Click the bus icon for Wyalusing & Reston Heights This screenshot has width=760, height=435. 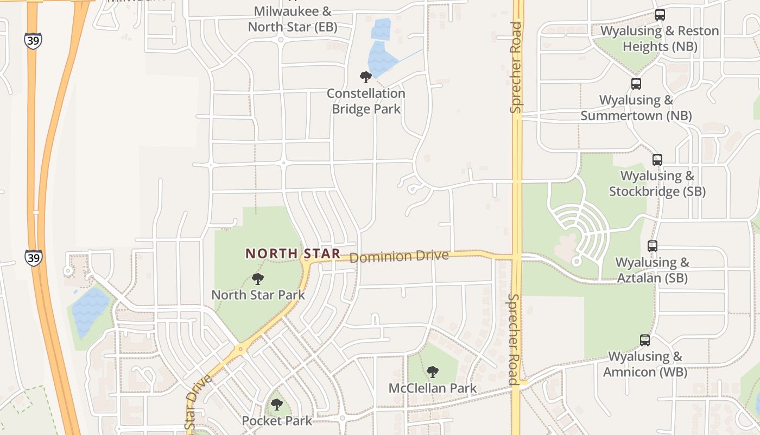[x=660, y=15]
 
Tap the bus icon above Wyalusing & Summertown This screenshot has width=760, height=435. [x=636, y=84]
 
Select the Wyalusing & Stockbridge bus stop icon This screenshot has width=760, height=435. [x=657, y=160]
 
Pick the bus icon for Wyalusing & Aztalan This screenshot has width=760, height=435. [x=653, y=246]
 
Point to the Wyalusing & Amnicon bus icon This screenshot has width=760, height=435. [x=645, y=340]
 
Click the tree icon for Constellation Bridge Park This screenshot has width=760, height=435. [x=366, y=77]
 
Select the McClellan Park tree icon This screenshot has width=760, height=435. [x=433, y=372]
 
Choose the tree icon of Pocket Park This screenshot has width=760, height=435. [x=277, y=405]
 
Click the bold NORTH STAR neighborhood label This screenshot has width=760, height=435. [x=293, y=253]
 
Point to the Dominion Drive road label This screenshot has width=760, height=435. [x=399, y=256]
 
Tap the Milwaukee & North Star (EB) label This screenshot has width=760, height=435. [x=293, y=19]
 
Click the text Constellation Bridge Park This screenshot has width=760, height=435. [x=366, y=101]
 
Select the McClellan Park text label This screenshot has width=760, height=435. [x=433, y=388]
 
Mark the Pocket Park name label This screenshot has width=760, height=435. [x=277, y=421]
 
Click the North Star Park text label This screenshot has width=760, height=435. [x=258, y=295]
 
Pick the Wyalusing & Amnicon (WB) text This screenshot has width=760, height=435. [x=645, y=364]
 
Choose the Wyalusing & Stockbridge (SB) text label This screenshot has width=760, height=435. [x=657, y=184]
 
